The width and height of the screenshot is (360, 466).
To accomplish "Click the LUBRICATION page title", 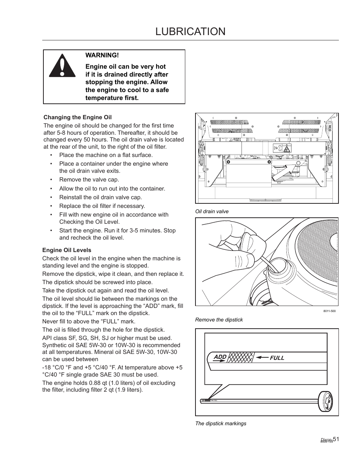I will [190, 31].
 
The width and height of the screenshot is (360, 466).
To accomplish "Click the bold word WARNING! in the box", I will [102, 55].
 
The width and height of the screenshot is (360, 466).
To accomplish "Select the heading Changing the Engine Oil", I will [77, 117].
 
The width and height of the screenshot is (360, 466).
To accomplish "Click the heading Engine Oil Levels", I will [67, 250].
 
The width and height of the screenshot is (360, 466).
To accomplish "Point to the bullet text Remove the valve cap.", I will [89, 180].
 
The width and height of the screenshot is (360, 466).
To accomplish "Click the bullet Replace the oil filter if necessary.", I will [102, 206].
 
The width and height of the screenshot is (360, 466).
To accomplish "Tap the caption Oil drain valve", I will [212, 211].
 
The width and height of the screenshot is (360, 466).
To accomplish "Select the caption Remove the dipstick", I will [219, 320].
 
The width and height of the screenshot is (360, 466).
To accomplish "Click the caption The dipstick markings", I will [220, 423].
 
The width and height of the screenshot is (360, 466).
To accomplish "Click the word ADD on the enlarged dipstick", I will [220, 357].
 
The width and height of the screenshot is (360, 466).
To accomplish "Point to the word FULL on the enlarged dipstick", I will [277, 358].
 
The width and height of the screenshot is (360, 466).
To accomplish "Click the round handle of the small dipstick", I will [326, 402].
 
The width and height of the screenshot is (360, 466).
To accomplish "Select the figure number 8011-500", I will [329, 311].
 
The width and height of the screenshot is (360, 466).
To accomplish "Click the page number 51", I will [336, 439].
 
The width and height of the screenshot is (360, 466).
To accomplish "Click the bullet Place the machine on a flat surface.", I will [106, 155].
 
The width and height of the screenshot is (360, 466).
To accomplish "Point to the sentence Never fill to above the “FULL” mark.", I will [89, 321].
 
